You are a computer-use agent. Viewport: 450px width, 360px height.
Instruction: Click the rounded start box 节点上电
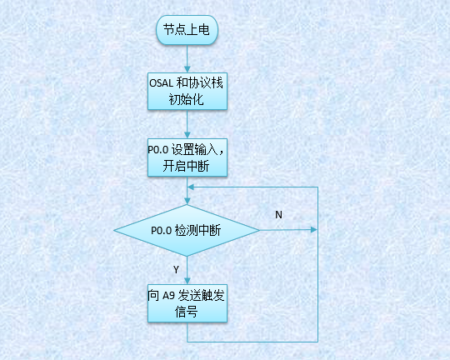pyautogui.click(x=187, y=31)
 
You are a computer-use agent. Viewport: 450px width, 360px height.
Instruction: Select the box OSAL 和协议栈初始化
pyautogui.click(x=187, y=91)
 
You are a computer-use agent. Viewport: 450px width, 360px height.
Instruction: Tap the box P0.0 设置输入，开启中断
pyautogui.click(x=187, y=157)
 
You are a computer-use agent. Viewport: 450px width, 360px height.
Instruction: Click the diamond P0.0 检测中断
pyautogui.click(x=187, y=231)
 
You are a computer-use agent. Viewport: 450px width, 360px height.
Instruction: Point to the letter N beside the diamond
pyautogui.click(x=278, y=214)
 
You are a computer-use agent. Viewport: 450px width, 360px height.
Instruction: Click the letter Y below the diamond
pyautogui.click(x=175, y=269)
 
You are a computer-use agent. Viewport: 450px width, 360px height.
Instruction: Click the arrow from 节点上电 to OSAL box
pyautogui.click(x=187, y=59)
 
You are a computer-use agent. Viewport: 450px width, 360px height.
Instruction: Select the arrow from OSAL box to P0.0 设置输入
pyautogui.click(x=187, y=124)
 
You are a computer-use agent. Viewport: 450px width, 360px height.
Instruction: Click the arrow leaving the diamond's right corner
pyautogui.click(x=287, y=230)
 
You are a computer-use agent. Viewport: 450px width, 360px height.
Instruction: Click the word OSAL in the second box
pyautogui.click(x=162, y=83)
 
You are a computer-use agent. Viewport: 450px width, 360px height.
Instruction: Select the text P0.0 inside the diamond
pyautogui.click(x=160, y=231)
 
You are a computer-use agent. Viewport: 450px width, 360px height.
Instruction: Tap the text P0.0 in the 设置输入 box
pyautogui.click(x=158, y=151)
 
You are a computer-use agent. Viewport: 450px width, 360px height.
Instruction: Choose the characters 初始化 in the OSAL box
pyautogui.click(x=187, y=101)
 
